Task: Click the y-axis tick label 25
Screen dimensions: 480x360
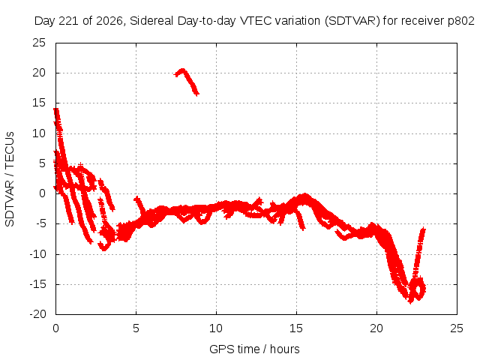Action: [x=39, y=43]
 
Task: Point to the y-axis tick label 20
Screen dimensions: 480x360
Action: [x=39, y=73]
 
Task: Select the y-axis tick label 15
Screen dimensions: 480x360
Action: [x=39, y=103]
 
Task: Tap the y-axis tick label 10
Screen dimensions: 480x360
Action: [x=39, y=133]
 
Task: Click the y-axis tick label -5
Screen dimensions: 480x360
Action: [x=39, y=223]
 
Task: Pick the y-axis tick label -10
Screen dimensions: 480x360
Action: [x=37, y=254]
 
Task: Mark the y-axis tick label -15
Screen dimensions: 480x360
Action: [x=37, y=284]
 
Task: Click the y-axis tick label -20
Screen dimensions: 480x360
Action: [x=37, y=314]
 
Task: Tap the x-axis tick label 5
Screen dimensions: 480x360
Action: [x=136, y=328]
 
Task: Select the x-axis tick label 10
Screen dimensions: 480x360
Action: [x=216, y=328]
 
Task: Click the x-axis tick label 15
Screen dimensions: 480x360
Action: [x=296, y=328]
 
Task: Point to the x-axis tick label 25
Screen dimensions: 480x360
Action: [x=457, y=328]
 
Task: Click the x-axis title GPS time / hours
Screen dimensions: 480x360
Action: [x=254, y=349]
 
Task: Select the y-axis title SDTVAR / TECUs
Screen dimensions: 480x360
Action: [x=10, y=179]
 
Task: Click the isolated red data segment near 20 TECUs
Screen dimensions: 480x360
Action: [x=187, y=81]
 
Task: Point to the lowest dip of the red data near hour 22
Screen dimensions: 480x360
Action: [x=410, y=301]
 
